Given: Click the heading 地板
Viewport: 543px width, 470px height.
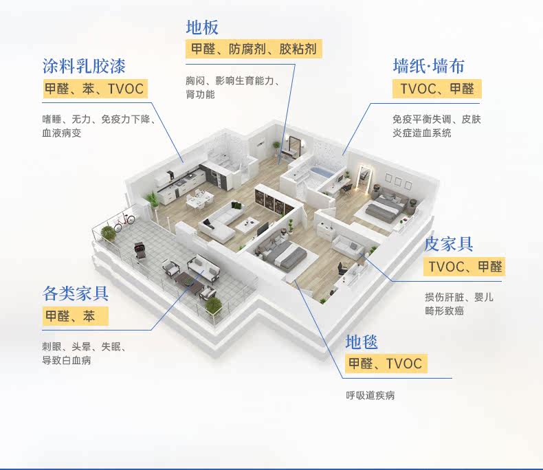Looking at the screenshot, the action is tap(202, 27).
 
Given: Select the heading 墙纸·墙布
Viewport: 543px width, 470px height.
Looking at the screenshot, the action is tap(428, 66).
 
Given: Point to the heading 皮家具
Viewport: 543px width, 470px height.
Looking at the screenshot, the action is tap(449, 244).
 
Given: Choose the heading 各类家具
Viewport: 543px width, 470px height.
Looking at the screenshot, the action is tap(76, 294).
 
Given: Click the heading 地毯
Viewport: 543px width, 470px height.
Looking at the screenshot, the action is tap(362, 342).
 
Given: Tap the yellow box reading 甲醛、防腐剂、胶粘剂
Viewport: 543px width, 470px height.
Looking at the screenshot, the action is tap(254, 49).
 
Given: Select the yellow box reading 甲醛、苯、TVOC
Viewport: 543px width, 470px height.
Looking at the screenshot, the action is tap(94, 89).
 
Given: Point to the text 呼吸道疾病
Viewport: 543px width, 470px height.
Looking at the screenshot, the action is tap(370, 396).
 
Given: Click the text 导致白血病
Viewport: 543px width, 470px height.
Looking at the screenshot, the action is tap(67, 360).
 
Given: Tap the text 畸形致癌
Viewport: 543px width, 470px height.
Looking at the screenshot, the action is tap(444, 311).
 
